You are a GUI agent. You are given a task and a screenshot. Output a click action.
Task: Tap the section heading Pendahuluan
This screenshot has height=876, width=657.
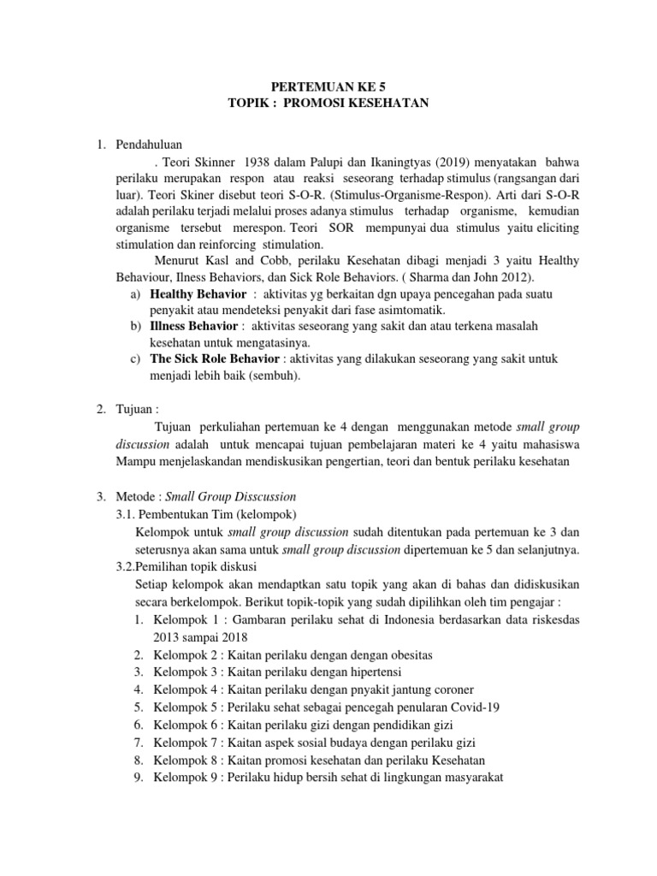point(149,142)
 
